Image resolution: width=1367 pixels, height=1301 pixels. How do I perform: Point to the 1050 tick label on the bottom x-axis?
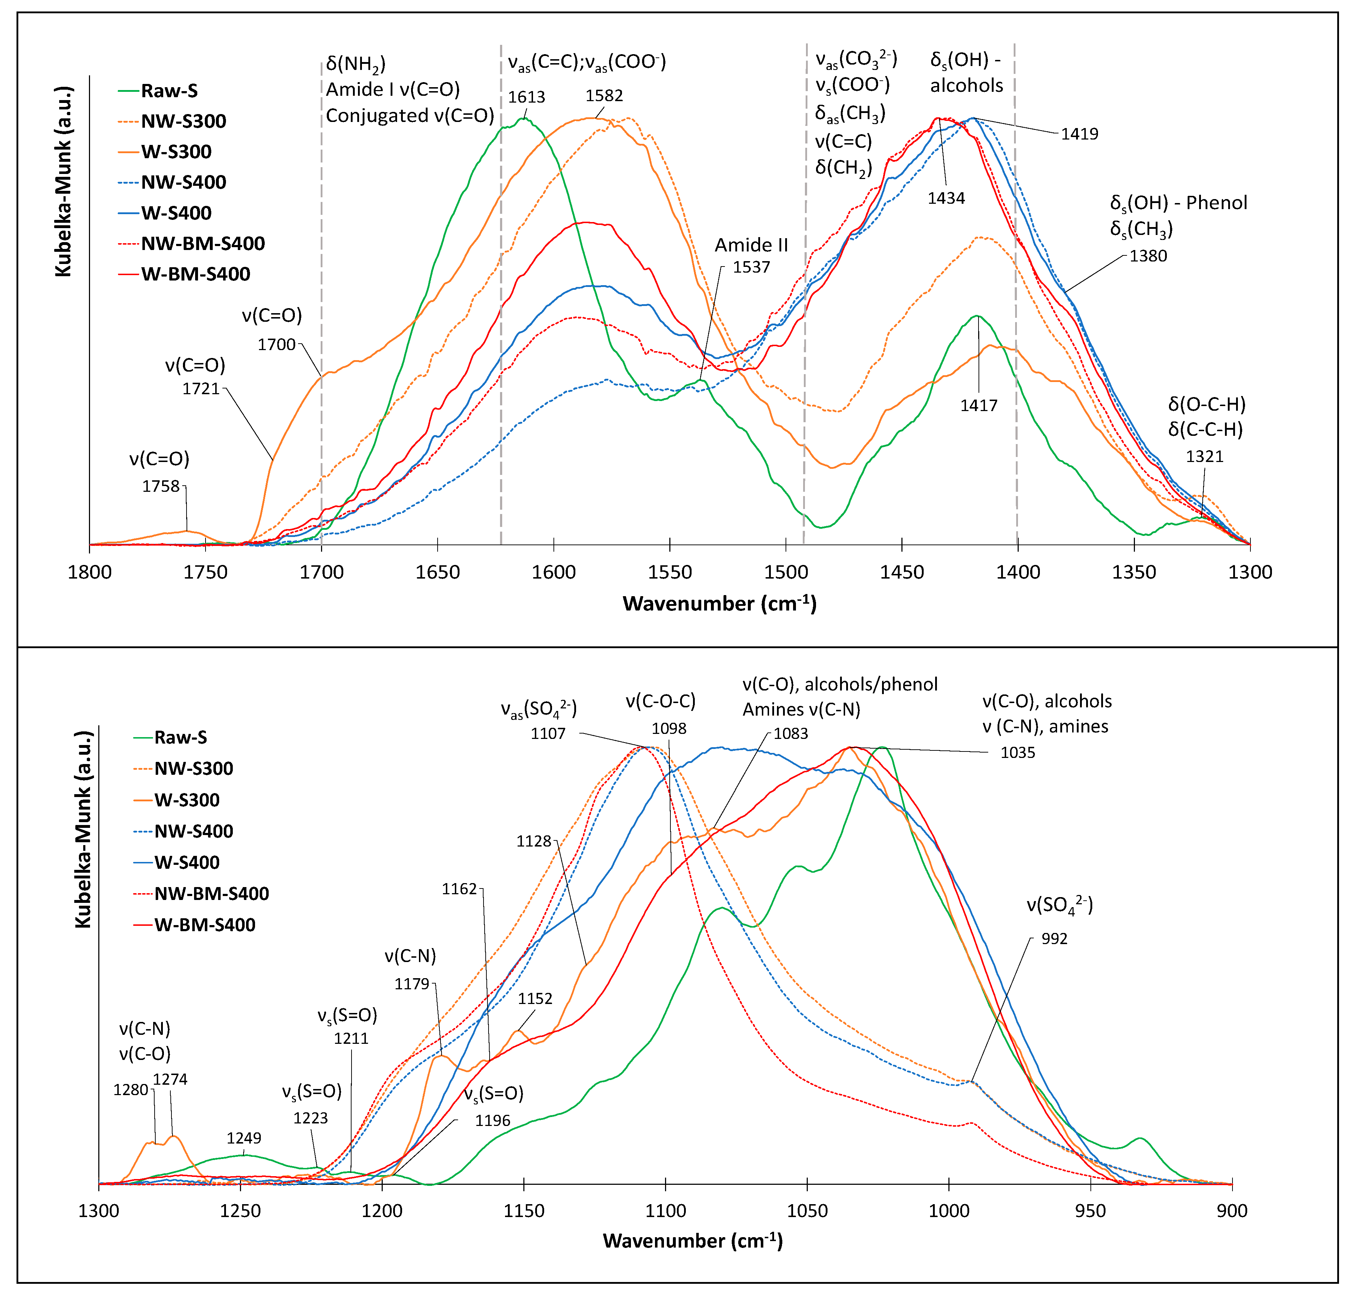coord(807,1212)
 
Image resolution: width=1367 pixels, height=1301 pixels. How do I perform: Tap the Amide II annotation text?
coord(751,245)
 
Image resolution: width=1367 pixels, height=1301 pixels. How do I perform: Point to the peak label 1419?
coord(1079,134)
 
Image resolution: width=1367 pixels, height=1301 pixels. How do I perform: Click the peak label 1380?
coord(1148,256)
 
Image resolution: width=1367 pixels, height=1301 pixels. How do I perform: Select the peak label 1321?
coord(1205,456)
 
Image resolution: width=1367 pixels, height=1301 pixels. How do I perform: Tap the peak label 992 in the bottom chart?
coord(1054,939)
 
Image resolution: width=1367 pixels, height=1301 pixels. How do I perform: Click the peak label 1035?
coord(1017,753)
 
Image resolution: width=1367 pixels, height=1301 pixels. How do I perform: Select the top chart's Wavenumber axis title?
coord(719,603)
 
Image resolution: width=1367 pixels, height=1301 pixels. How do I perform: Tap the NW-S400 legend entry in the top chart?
coord(183,182)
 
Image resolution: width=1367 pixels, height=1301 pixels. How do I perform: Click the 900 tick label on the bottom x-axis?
coord(1232,1212)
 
